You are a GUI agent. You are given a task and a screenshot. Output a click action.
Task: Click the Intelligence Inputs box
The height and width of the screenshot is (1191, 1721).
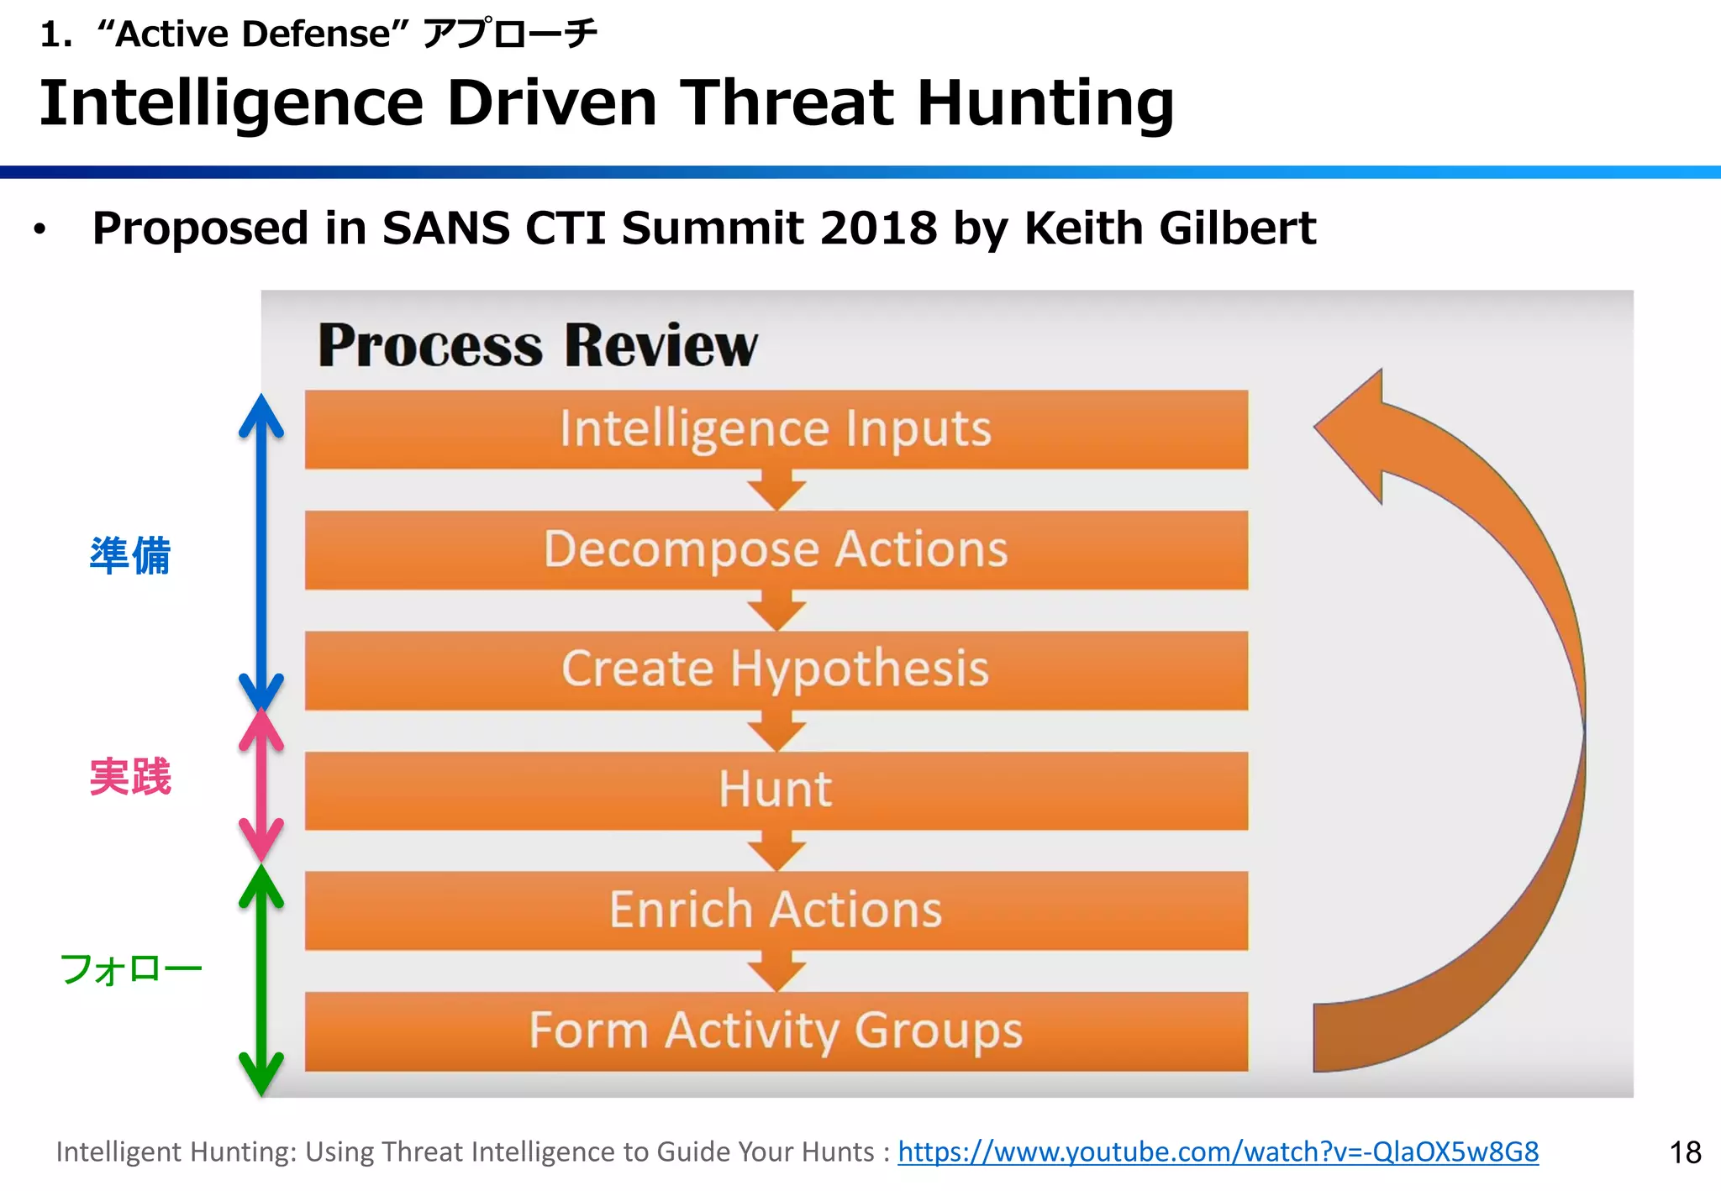[x=776, y=429]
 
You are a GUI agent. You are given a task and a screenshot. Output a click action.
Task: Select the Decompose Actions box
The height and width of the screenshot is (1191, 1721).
[x=776, y=550]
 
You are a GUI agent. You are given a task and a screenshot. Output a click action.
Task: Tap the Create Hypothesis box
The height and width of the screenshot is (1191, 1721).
[x=776, y=670]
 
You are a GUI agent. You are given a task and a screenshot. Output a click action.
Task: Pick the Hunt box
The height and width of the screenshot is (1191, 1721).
[x=776, y=790]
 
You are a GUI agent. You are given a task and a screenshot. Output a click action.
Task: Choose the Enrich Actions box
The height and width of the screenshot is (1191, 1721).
[x=776, y=910]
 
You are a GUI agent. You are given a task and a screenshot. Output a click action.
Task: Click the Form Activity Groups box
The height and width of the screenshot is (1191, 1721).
[x=776, y=1031]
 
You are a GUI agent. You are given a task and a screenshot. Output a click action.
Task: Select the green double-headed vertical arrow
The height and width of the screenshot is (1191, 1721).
[x=261, y=979]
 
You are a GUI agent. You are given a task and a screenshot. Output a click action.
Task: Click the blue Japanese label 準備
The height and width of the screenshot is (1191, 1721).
[x=130, y=556]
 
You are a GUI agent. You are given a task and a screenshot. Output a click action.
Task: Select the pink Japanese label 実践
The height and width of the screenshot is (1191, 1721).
[x=130, y=777]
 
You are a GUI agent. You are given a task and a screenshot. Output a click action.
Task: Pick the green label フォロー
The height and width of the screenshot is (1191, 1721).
[x=130, y=969]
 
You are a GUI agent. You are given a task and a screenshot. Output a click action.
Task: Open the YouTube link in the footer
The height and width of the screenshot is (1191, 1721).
[x=1218, y=1152]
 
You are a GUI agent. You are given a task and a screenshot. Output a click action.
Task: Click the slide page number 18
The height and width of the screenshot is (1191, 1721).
[x=1685, y=1152]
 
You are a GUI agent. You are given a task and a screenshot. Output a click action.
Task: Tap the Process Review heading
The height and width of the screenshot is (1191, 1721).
[x=538, y=345]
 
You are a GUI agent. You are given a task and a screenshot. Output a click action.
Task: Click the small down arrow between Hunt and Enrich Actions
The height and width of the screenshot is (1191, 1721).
[x=776, y=852]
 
